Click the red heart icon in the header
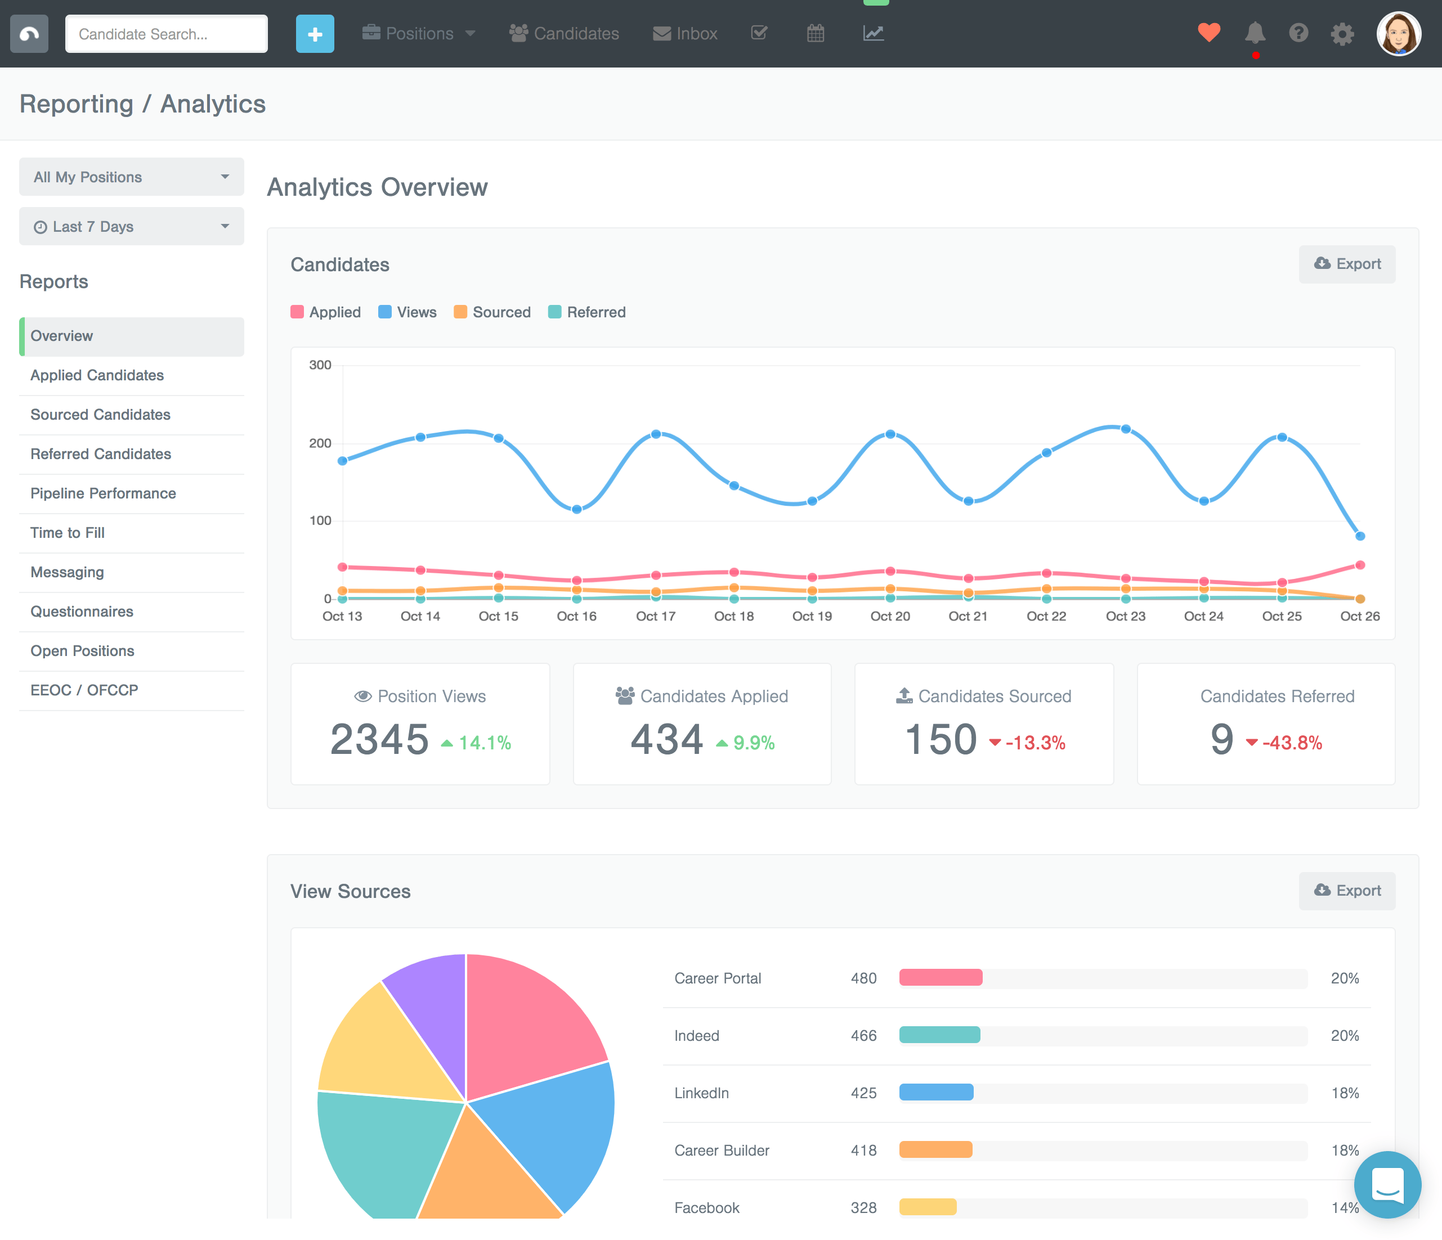[1209, 32]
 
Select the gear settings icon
[1342, 33]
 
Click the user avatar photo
[1398, 33]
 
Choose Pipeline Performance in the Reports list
[103, 493]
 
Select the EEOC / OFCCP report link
[84, 690]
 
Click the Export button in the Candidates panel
[1347, 264]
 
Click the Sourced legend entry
[492, 312]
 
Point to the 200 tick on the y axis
[320, 443]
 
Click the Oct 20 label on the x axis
[889, 616]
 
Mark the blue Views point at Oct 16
[576, 509]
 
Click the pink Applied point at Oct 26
[1360, 565]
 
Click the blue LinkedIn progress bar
[935, 1093]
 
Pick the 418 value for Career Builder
[863, 1150]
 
